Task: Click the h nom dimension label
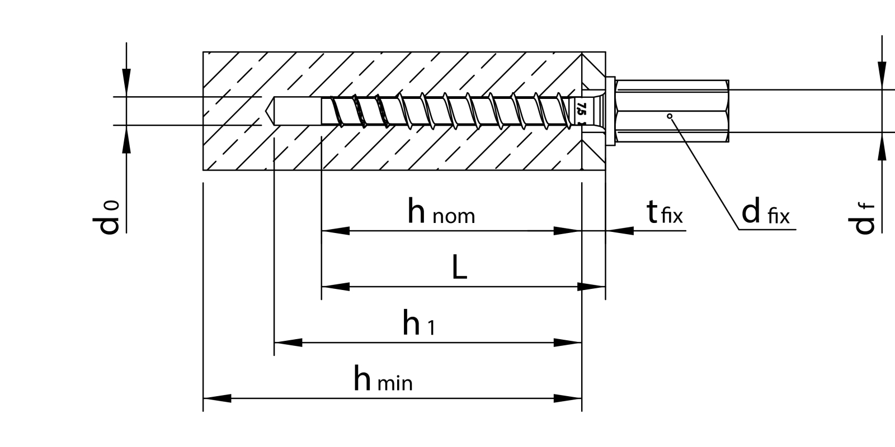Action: click(x=441, y=213)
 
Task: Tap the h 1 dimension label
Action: click(x=418, y=324)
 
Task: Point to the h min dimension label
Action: click(x=383, y=380)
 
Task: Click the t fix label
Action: click(x=665, y=213)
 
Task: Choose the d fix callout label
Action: click(x=765, y=213)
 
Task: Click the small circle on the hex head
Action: click(x=670, y=116)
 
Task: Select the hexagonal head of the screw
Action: click(x=671, y=112)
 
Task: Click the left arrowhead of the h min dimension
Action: click(x=217, y=398)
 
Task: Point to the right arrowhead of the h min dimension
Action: click(x=567, y=398)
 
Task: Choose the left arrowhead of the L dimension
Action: click(x=336, y=287)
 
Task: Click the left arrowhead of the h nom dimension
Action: click(x=336, y=230)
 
